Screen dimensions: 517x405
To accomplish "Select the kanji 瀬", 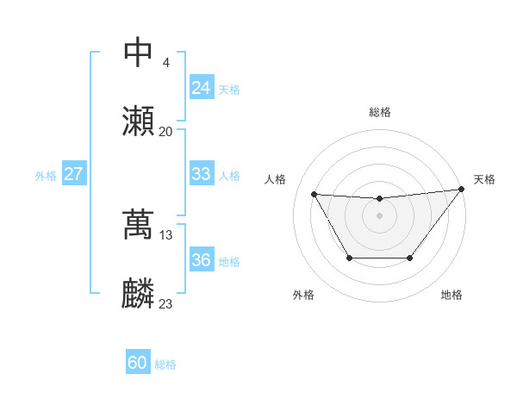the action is tap(139, 121).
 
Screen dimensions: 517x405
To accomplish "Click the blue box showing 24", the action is tap(201, 87).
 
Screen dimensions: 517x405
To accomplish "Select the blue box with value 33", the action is tap(201, 173).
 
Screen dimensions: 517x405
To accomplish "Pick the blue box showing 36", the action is tap(201, 260).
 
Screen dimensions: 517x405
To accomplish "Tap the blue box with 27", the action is tap(73, 174).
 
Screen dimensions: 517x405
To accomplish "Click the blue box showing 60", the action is tap(138, 363).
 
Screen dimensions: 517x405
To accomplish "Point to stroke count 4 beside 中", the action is tap(165, 62).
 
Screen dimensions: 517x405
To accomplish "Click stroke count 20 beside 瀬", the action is tap(166, 132).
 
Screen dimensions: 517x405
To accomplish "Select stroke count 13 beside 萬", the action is tap(166, 234).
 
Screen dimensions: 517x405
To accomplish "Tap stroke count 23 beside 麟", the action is tap(166, 304).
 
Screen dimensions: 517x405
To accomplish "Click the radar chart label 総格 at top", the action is tap(379, 112).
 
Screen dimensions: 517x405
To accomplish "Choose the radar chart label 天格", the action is tap(484, 179).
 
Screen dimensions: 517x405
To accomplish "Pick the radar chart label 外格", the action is tap(303, 295).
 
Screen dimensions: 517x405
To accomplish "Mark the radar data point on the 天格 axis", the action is tap(461, 190).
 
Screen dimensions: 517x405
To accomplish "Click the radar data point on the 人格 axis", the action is tap(314, 194).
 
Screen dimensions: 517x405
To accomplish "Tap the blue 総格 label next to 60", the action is tap(165, 364).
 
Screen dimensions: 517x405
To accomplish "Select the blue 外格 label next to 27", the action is tap(46, 176).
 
